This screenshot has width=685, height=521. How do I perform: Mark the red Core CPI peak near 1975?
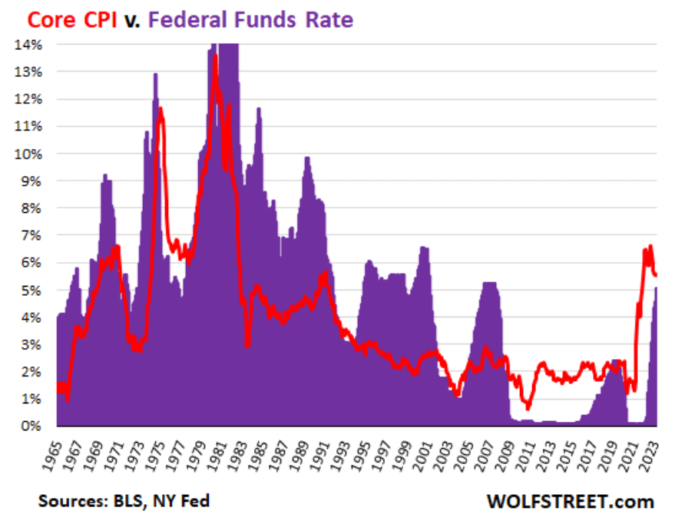[x=160, y=109]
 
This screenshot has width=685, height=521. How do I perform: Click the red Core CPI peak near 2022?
[x=650, y=246]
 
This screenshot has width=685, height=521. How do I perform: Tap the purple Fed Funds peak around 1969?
[x=105, y=176]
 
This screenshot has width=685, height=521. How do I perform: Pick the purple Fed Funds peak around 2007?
[x=489, y=284]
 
